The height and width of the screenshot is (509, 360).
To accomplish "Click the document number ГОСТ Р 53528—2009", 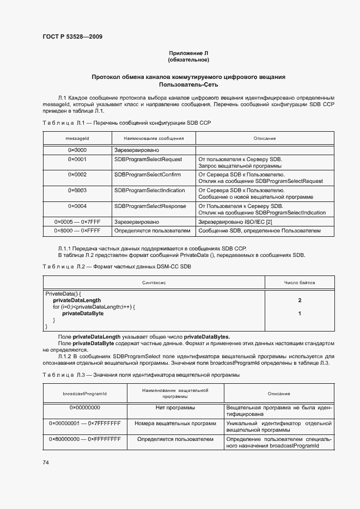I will pos(72,37).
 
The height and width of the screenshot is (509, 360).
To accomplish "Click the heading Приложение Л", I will pos(188,53).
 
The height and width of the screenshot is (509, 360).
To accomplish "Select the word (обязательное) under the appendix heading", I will pos(188,59).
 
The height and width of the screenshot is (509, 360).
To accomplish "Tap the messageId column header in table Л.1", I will pos(77,138).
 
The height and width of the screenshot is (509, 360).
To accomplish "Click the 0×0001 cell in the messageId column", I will pos(77,160).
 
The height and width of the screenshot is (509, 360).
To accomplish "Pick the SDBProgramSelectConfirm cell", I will pos(147,175).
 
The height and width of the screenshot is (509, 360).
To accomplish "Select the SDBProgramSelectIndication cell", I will pos(149,191).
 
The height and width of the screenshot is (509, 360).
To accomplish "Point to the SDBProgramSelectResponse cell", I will pos(150,206).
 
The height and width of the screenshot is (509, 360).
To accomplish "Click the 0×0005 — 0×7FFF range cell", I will pos(77,222).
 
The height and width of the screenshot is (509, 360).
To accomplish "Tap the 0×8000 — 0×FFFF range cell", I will pos(77,231).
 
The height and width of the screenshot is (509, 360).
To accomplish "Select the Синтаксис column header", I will pos(154,283).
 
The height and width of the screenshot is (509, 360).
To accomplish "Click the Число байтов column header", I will pos(300,283).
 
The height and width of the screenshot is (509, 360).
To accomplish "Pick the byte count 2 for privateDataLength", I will pos(300,301).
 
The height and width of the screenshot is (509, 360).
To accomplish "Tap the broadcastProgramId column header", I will pos(84,394).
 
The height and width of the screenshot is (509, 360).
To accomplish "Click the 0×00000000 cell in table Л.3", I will pos(84,407).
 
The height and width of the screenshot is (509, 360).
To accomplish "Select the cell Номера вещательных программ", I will pos(175,423).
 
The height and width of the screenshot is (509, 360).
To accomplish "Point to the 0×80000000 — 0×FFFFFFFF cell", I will pos(84,439).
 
